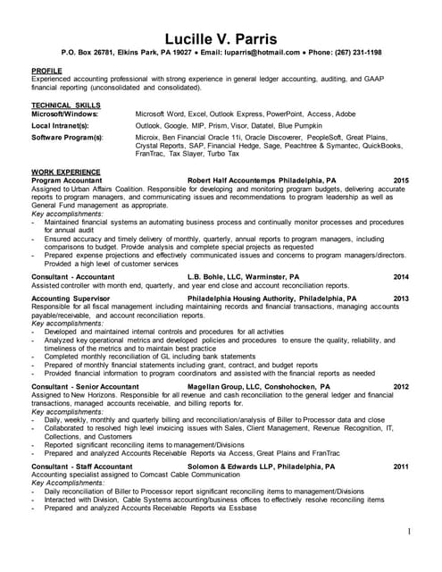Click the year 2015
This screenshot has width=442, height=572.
pyautogui.click(x=401, y=180)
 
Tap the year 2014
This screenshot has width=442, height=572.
pyautogui.click(x=401, y=277)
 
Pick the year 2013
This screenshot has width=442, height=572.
pyautogui.click(x=401, y=298)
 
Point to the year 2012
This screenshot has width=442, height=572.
pyautogui.click(x=401, y=387)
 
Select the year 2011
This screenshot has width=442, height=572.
pyautogui.click(x=401, y=467)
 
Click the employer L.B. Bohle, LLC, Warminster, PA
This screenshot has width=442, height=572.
pyautogui.click(x=244, y=277)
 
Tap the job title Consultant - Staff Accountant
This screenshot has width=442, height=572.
pyautogui.click(x=82, y=467)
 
